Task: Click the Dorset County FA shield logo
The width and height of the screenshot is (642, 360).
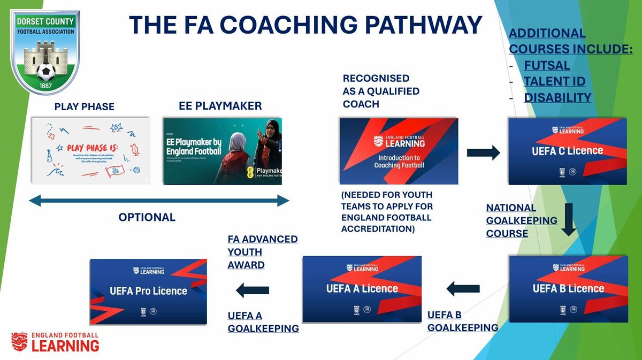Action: [47, 50]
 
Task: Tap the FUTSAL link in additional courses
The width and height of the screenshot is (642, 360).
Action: [547, 66]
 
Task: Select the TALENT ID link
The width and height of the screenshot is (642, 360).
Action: [554, 82]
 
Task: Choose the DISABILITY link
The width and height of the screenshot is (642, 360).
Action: [557, 97]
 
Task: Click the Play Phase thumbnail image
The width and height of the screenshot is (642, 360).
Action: [90, 151]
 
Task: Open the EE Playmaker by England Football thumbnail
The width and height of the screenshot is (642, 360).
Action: [222, 151]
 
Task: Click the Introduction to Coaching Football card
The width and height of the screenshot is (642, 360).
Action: [399, 151]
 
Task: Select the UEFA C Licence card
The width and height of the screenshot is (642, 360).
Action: [567, 151]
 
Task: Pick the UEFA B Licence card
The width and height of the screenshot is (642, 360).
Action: [568, 289]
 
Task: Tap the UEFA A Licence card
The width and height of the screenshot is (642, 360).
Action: [362, 289]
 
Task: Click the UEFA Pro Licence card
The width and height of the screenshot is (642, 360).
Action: [148, 292]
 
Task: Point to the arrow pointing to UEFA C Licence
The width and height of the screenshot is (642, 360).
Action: [483, 153]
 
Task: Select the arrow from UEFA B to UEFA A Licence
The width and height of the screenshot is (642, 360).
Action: [463, 289]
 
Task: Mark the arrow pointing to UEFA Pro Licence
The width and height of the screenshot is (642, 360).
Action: [253, 290]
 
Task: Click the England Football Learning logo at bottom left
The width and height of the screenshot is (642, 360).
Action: [55, 342]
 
